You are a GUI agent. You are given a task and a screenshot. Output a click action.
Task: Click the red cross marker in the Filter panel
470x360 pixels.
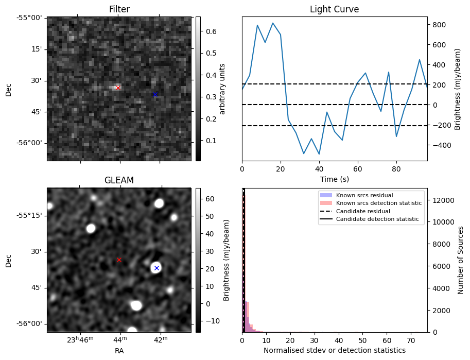click(x=118, y=88)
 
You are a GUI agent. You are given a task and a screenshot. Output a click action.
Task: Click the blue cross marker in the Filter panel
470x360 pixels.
click(x=155, y=94)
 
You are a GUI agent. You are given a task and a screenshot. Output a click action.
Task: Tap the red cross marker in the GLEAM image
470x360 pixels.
click(x=119, y=260)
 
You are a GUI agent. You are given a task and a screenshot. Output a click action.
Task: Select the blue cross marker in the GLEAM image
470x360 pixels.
click(x=156, y=268)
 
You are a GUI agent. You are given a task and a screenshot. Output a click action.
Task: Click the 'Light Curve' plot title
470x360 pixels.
click(x=334, y=9)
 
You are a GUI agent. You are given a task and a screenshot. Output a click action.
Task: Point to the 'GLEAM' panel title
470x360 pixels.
click(x=119, y=180)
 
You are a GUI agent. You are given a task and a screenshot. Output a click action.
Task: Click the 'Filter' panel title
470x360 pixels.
click(x=119, y=9)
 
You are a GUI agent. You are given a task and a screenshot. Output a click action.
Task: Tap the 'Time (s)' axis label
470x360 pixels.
click(x=334, y=179)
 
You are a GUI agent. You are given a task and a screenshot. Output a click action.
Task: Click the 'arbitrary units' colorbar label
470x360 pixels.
click(x=222, y=89)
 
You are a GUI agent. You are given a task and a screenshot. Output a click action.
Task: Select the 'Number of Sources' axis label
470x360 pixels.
click(x=461, y=260)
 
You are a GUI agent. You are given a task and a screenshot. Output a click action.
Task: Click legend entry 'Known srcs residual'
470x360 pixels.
click(x=364, y=195)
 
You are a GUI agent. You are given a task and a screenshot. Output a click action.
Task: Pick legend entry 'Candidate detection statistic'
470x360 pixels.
click(x=377, y=220)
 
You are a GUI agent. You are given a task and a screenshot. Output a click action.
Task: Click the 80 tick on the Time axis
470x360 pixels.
click(x=396, y=168)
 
